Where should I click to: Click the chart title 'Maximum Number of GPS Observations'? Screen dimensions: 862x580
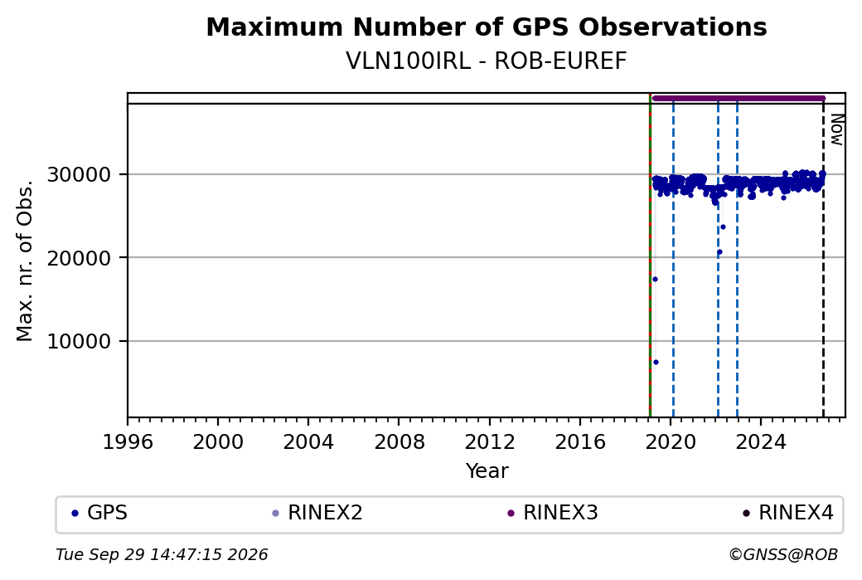click(x=487, y=27)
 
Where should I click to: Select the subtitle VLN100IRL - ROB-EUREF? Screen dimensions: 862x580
click(x=487, y=61)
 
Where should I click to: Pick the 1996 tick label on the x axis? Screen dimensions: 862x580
click(x=128, y=442)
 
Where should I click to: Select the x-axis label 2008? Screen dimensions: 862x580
click(x=400, y=442)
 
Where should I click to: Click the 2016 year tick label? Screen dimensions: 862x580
click(x=580, y=442)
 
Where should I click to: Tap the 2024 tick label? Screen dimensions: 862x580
click(x=761, y=442)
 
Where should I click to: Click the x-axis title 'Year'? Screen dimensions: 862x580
click(x=487, y=471)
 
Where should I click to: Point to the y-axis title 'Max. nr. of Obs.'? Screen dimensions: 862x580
click(x=25, y=261)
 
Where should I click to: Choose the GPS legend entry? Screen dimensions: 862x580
click(x=100, y=513)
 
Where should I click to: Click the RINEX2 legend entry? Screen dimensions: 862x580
click(x=317, y=513)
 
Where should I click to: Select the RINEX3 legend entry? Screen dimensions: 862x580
click(x=553, y=513)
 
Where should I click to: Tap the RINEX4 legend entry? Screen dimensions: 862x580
click(x=788, y=513)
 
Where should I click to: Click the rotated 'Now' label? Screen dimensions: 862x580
click(x=836, y=129)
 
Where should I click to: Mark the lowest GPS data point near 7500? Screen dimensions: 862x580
click(x=656, y=362)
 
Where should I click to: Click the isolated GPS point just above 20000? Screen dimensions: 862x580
click(x=719, y=252)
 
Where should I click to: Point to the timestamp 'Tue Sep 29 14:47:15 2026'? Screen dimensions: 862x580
click(x=162, y=554)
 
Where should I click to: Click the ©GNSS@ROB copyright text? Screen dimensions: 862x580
click(x=783, y=554)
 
